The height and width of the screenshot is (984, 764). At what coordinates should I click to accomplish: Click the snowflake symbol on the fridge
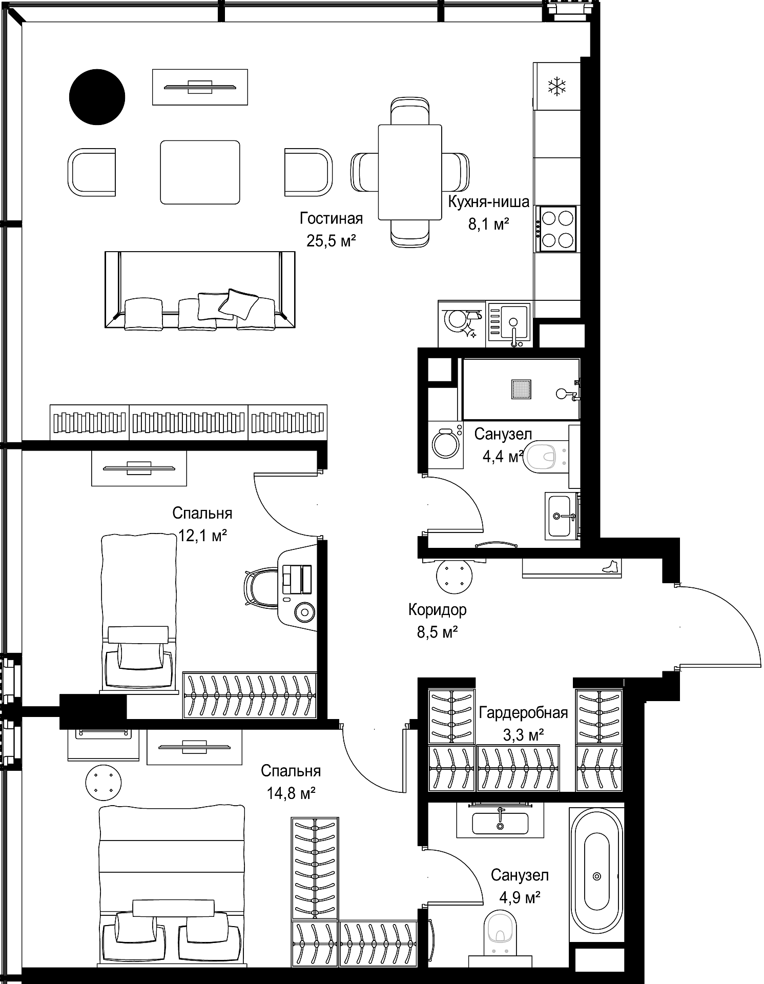(556, 86)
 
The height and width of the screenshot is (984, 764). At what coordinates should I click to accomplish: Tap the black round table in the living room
(97, 97)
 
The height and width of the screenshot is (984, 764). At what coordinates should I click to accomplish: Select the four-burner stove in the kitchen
(556, 229)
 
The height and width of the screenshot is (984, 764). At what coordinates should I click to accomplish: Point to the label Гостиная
(332, 219)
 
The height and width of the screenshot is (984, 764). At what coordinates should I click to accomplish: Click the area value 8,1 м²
(489, 224)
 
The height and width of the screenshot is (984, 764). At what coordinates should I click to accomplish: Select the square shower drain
(521, 389)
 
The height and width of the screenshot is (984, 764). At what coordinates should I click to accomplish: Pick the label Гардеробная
(524, 713)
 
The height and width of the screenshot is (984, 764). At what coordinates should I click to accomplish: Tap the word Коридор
(438, 610)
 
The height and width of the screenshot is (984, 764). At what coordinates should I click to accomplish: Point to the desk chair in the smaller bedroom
(261, 588)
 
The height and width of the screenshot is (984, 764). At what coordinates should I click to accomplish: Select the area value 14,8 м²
(291, 794)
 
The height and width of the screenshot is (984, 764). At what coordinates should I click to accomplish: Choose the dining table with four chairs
(410, 172)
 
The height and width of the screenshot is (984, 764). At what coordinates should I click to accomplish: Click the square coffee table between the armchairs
(200, 172)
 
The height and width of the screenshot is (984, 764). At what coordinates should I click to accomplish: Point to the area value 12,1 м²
(203, 536)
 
